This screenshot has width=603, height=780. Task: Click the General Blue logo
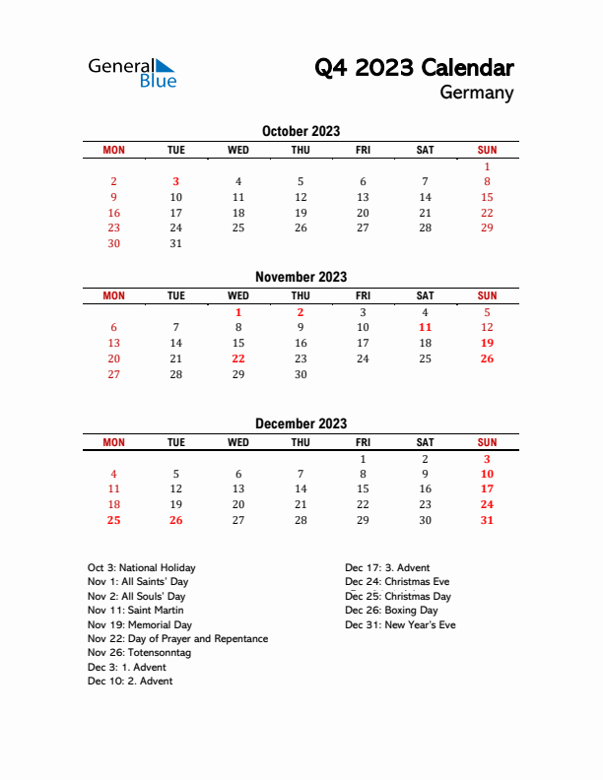coord(132,72)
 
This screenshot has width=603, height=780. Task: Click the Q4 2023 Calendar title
coord(414,68)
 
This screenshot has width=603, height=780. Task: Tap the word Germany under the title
coord(477,94)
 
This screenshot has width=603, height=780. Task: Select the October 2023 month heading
coord(301,131)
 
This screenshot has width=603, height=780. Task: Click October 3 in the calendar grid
coord(176,181)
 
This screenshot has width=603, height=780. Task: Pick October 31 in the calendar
coord(176,243)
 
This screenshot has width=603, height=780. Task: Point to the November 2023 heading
coord(301,277)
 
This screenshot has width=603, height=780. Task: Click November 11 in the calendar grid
coord(425,327)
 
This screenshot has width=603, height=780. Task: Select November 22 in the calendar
coord(238,358)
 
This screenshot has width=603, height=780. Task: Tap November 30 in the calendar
coord(301,374)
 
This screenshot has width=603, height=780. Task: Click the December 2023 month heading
coord(301,423)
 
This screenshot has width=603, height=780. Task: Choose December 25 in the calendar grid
coord(113,520)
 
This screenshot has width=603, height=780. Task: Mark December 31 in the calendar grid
coord(487,520)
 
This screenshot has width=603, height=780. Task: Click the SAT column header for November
coord(425,295)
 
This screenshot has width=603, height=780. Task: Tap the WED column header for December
coord(238,442)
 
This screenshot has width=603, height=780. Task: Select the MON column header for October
coord(113,150)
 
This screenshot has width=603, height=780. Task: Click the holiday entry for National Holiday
coord(141,567)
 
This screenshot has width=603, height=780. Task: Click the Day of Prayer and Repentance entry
coord(177,639)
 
